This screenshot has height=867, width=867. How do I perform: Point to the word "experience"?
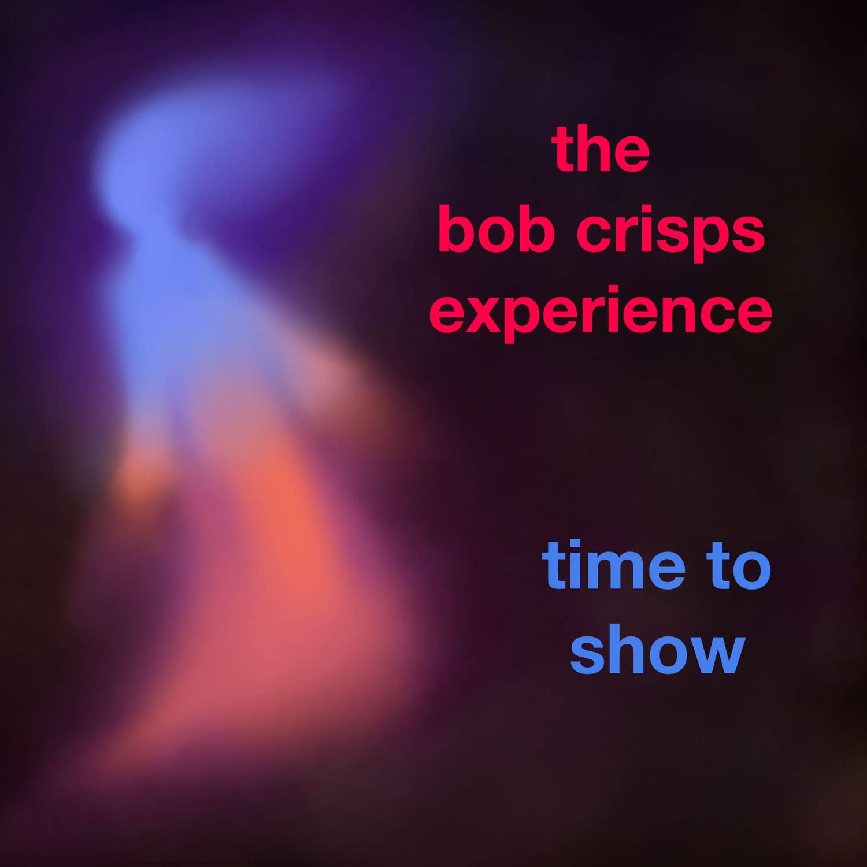click(x=601, y=314)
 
